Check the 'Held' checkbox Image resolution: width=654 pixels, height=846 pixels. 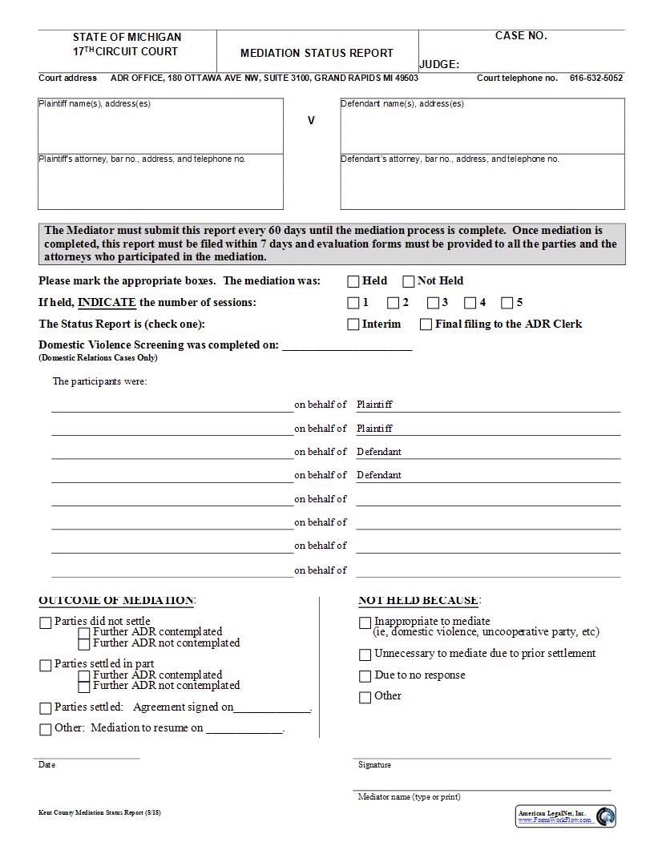tap(353, 281)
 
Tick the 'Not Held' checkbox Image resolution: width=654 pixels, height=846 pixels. tap(409, 281)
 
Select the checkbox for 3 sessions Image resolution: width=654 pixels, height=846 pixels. tap(433, 303)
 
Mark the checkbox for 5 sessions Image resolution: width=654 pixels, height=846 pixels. tap(507, 303)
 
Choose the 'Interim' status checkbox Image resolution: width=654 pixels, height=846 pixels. tap(353, 324)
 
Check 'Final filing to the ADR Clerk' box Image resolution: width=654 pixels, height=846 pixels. tap(426, 324)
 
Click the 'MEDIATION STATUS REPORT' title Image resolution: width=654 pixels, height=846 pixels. tap(317, 53)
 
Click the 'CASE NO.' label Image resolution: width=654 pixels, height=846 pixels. tap(521, 36)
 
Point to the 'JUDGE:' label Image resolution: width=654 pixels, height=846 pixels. tap(439, 65)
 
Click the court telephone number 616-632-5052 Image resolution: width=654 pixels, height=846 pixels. tap(595, 79)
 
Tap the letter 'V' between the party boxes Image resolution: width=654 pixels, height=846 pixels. tap(311, 120)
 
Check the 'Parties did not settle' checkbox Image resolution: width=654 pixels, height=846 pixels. tap(46, 622)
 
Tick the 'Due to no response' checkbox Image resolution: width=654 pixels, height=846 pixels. tap(365, 676)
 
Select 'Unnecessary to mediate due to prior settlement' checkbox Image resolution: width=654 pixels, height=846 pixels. tap(365, 655)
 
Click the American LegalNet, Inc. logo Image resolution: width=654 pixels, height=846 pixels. tap(565, 816)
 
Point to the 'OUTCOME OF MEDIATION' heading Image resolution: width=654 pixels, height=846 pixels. tap(116, 600)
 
